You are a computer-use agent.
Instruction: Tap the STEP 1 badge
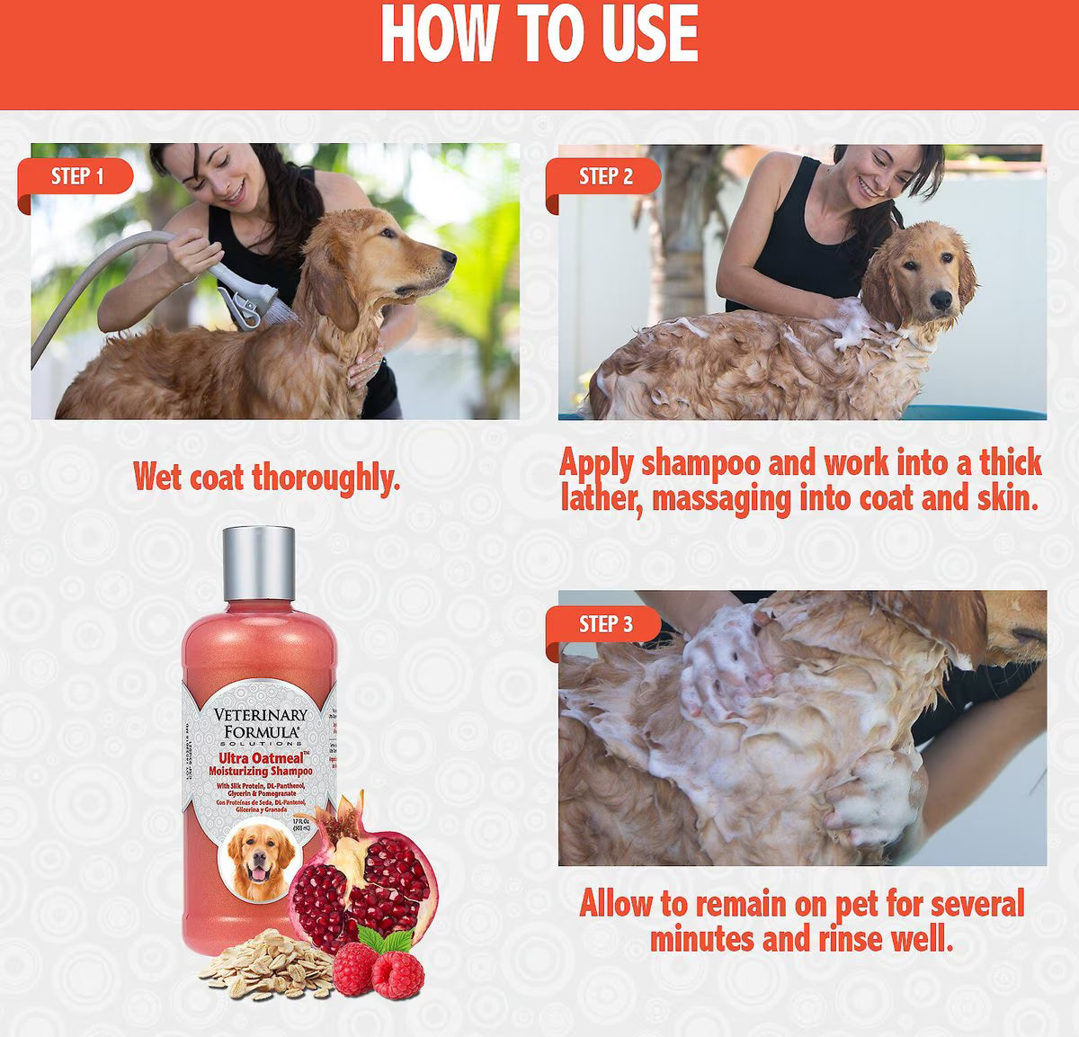[77, 175]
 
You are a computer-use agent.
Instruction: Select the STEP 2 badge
[605, 176]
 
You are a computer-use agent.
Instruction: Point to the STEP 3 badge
[605, 624]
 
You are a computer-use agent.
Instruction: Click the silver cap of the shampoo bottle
[258, 562]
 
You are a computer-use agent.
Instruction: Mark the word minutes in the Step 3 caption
[702, 939]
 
